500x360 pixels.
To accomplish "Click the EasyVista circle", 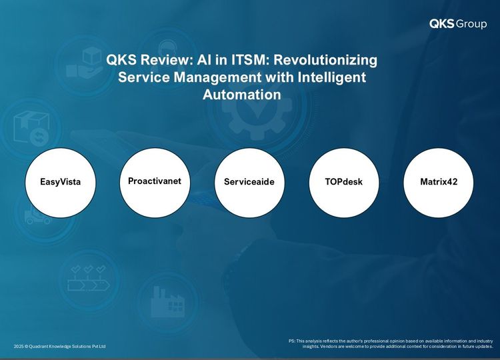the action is [61, 183].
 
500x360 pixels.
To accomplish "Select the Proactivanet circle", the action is [155, 183].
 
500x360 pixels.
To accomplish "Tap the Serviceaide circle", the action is [249, 183].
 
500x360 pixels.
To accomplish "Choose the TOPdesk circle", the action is [344, 183].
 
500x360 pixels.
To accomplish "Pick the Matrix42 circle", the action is [439, 183].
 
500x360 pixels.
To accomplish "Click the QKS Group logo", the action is [458, 23].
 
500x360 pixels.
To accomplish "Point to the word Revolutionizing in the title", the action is [325, 59].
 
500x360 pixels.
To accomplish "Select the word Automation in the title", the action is [242, 95].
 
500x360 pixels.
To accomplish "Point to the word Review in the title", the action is [166, 59].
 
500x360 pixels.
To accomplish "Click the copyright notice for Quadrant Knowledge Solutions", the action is [59, 346].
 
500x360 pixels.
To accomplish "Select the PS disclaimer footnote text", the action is [391, 344].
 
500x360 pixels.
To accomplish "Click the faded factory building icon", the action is [168, 301].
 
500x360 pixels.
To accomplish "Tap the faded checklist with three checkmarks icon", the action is [89, 278].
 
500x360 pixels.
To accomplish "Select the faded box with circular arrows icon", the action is [31, 128].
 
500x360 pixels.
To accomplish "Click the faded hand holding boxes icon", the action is [85, 63].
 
